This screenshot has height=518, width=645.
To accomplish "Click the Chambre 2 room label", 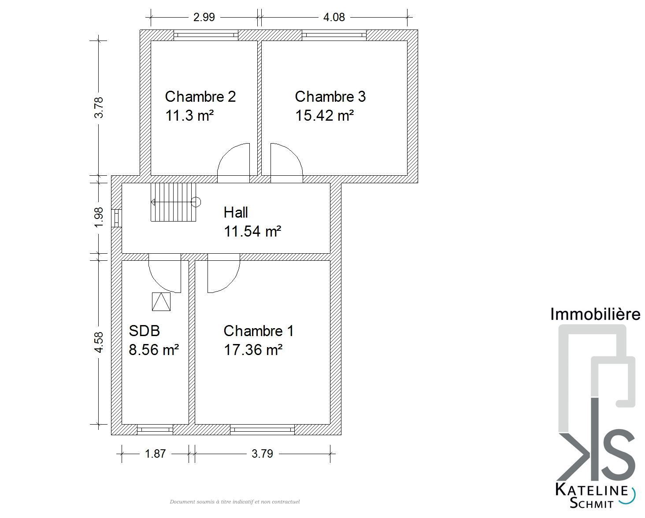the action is pos(200,96).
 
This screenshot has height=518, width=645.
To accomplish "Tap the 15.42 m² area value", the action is pos(325,115).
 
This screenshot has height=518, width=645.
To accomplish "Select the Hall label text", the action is pos(236,213).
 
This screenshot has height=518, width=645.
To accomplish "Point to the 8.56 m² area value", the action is pos(154,350).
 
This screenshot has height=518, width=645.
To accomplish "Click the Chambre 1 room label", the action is pos(258,331).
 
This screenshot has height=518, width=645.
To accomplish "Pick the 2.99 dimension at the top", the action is pos(204,17).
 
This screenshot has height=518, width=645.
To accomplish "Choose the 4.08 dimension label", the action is pos(334,17).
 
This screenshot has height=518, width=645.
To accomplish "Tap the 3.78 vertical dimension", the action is pos(99,107).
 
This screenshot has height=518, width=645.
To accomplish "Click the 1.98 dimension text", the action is pos(99,217).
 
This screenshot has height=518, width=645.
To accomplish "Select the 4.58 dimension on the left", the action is pos(99,342).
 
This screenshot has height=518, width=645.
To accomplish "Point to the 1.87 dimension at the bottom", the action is pos(155,454).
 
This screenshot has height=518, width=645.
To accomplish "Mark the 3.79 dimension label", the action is pos(262,454).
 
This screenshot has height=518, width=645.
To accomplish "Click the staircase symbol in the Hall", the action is pos(175,202).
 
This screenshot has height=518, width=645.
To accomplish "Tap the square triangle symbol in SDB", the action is pos(161,302).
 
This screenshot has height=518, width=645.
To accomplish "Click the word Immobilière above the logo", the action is pos(595,314).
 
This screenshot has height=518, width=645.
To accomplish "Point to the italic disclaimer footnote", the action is pos(235,502).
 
